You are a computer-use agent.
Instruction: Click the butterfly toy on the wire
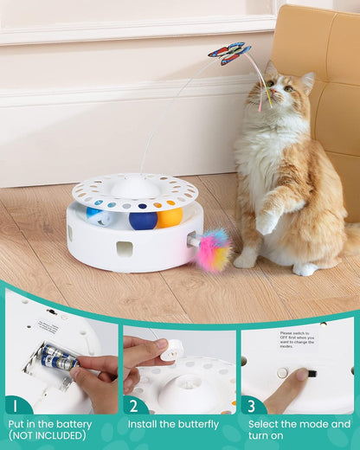click(x=228, y=54)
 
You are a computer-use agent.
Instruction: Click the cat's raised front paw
click(x=267, y=223)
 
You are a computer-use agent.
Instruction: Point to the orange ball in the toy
click(x=170, y=217)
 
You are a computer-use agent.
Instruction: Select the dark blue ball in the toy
click(x=143, y=220)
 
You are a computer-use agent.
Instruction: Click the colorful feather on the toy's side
click(x=213, y=251)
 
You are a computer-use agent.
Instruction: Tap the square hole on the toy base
click(x=125, y=249)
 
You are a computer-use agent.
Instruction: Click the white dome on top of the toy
click(x=136, y=186)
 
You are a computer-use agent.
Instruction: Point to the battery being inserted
click(x=60, y=357)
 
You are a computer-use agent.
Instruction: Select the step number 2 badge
click(x=135, y=404)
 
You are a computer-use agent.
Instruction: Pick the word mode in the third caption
click(x=317, y=425)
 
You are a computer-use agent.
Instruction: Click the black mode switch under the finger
click(x=311, y=374)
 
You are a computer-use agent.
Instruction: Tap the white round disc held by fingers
click(x=172, y=350)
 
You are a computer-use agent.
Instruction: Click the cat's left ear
click(x=307, y=81)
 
